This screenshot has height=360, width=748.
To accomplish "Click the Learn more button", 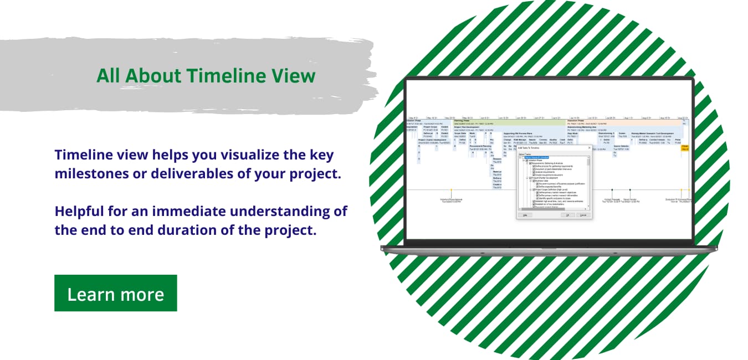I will (x=115, y=294).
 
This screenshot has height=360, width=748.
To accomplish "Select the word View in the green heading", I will (x=294, y=75).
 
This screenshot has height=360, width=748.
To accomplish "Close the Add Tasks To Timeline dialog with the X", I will (x=588, y=148).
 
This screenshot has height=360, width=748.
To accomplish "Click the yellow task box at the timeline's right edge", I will (x=685, y=147).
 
